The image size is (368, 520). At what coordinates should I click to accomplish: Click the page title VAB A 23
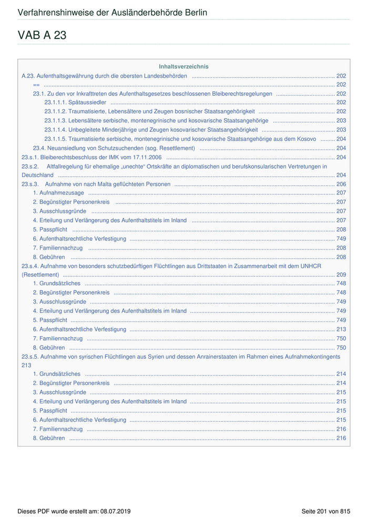coord(42,36)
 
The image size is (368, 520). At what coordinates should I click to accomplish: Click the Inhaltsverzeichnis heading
coord(183,67)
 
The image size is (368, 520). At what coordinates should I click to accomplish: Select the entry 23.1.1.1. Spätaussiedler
coord(75,102)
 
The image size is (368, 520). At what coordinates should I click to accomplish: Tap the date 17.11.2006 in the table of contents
coord(146,157)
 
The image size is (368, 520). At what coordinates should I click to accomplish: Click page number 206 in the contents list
coord(341,184)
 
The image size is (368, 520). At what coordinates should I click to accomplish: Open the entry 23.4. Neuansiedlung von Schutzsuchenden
coord(114,148)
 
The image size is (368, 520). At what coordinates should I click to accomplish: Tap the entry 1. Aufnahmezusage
coord(58,193)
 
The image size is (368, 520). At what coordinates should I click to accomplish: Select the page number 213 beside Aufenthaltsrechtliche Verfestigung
coord(341,329)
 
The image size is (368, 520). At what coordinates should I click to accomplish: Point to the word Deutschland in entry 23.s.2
coord(37,175)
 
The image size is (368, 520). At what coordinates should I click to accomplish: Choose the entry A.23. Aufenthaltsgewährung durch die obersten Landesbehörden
coord(104,76)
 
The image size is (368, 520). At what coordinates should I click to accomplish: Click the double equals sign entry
coord(36,85)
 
